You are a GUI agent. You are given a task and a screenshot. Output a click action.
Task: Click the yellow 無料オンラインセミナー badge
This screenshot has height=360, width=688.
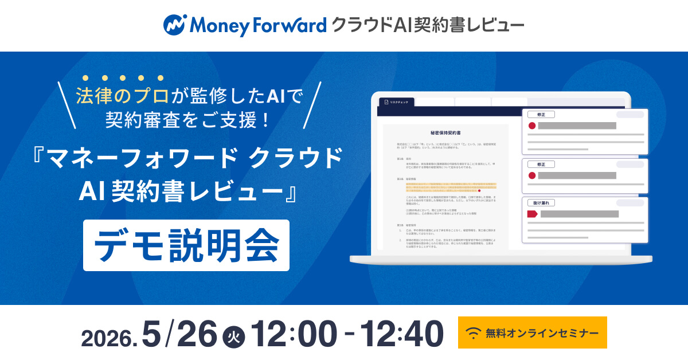(532, 332)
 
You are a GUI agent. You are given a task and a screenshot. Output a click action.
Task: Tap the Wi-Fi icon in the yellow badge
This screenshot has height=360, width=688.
(474, 332)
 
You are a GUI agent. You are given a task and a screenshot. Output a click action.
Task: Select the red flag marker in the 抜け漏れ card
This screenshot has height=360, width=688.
(531, 214)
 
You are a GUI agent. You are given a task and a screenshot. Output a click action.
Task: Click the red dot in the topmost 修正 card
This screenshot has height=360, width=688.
(531, 126)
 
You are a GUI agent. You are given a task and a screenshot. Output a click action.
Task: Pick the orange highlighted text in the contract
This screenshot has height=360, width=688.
(445, 189)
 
